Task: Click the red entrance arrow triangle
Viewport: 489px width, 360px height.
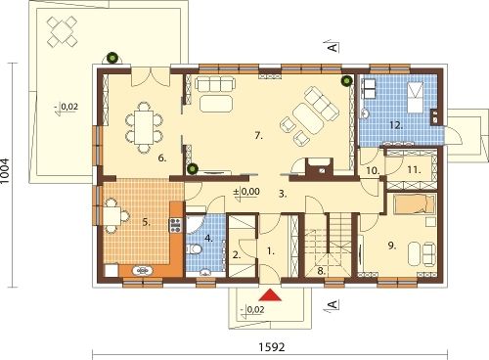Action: coord(270,295)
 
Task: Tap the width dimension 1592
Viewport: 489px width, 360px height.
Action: coord(272,347)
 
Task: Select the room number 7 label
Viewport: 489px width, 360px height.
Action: coord(258,136)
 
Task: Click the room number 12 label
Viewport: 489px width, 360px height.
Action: coord(396,125)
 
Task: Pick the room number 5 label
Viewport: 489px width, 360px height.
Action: coord(146,222)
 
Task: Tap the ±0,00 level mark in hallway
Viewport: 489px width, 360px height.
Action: coord(246,191)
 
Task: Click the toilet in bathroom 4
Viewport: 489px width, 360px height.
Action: coord(195,249)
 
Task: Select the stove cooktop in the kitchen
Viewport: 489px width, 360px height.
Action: coord(175,225)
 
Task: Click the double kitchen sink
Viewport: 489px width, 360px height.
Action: coord(142,270)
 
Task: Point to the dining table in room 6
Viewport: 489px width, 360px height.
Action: coord(144,127)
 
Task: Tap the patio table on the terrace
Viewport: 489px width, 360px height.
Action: coord(62,31)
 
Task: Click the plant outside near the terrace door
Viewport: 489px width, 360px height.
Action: coord(112,58)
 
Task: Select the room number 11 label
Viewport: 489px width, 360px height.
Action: coord(414,170)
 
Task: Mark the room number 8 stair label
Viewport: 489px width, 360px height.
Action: coord(321,271)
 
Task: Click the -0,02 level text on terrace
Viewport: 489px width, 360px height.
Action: coord(67,107)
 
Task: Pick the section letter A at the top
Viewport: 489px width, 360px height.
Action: coord(333,48)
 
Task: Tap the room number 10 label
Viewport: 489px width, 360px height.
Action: coord(373,170)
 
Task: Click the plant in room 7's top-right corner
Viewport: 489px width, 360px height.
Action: coord(346,81)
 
